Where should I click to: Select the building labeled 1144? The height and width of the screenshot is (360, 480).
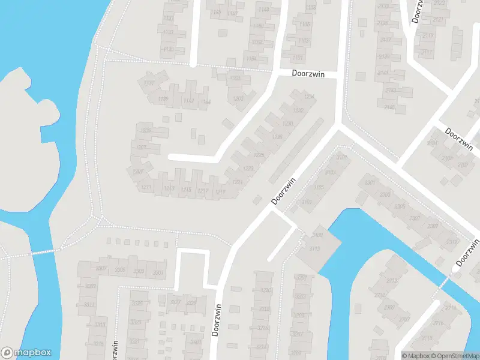[206, 102]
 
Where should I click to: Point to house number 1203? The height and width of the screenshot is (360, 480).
[238, 98]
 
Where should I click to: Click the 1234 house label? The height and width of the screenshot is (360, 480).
[309, 97]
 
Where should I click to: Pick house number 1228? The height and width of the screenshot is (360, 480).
[277, 137]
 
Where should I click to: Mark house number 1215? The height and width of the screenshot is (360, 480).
[186, 190]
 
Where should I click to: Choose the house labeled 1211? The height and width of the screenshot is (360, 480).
[146, 188]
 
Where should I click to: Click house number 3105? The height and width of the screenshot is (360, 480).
[318, 188]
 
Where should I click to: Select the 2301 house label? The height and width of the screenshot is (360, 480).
[370, 182]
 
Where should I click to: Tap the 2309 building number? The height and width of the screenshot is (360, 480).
[432, 226]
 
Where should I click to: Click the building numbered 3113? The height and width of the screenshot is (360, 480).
[315, 249]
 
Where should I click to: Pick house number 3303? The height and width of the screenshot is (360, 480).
[139, 272]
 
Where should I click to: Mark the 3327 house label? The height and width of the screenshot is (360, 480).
[175, 302]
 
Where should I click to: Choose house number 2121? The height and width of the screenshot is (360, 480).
[438, 20]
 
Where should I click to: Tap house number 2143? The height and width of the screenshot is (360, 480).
[391, 90]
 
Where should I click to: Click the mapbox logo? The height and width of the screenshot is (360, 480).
[25, 353]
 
